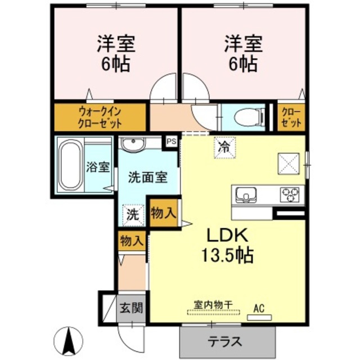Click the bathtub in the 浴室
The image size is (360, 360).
(x=70, y=166)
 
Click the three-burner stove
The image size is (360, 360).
(x=291, y=195)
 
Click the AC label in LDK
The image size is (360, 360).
(x=259, y=308)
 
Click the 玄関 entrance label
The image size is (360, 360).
(x=131, y=308)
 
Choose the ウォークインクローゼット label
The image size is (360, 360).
(x=100, y=116)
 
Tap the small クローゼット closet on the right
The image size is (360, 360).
(x=291, y=116)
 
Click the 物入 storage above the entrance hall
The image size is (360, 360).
(x=131, y=241)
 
